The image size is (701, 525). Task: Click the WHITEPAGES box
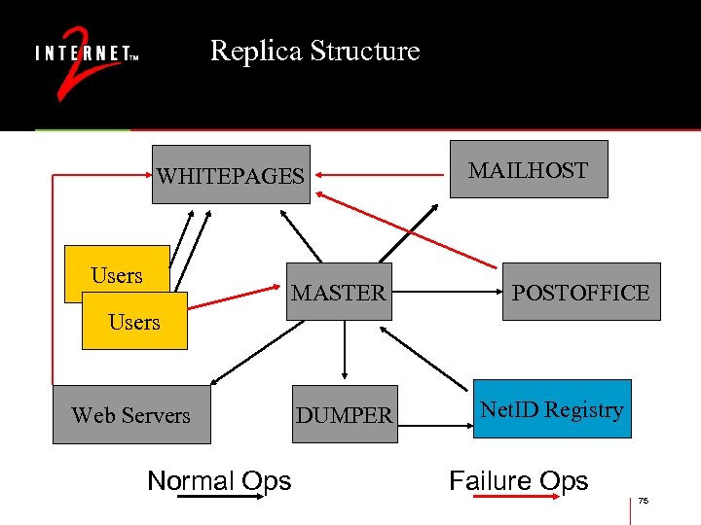pos(231,175)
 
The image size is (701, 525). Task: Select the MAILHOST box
pos(528,170)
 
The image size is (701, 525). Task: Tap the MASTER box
pos(339,292)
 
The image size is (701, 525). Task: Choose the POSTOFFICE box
pos(580,292)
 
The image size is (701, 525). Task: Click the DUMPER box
pos(345,415)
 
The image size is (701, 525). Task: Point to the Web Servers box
pos(130,415)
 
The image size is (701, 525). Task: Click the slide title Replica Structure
pos(314,51)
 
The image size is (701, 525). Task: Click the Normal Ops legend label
pos(219,480)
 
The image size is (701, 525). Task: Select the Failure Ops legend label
pos(518,480)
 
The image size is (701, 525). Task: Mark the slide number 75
pos(643,501)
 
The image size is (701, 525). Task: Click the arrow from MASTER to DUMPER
pos(343,350)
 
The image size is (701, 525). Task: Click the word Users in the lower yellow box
pos(134,322)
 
